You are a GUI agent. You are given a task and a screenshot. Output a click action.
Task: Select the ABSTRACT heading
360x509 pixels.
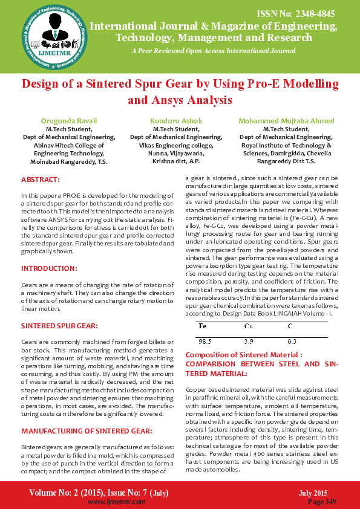tap(41, 180)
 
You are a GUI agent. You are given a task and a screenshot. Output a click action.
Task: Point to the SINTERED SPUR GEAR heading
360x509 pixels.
tap(59, 325)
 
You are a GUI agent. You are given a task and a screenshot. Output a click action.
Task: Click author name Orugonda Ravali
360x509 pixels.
tap(68, 121)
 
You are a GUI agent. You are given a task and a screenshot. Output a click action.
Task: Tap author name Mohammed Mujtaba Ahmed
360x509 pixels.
tap(286, 121)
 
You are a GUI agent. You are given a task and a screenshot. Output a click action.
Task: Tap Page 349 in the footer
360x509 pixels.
tap(322, 501)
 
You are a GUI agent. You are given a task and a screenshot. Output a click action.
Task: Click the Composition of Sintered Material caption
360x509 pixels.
tap(243, 354)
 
